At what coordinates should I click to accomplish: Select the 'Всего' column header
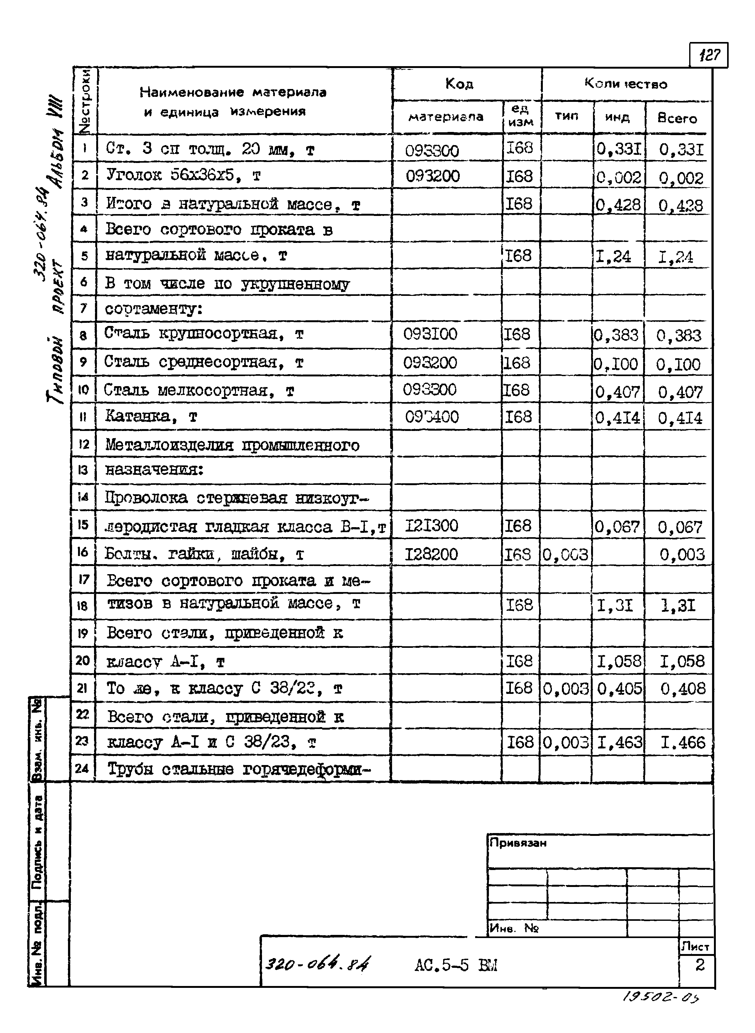[x=677, y=118]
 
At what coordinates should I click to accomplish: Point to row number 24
[x=82, y=768]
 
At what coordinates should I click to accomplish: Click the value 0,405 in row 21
[x=619, y=688]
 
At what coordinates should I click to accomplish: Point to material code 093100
[x=430, y=334]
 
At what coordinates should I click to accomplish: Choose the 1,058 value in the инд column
[x=619, y=661]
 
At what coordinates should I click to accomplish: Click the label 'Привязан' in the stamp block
[x=517, y=842]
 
